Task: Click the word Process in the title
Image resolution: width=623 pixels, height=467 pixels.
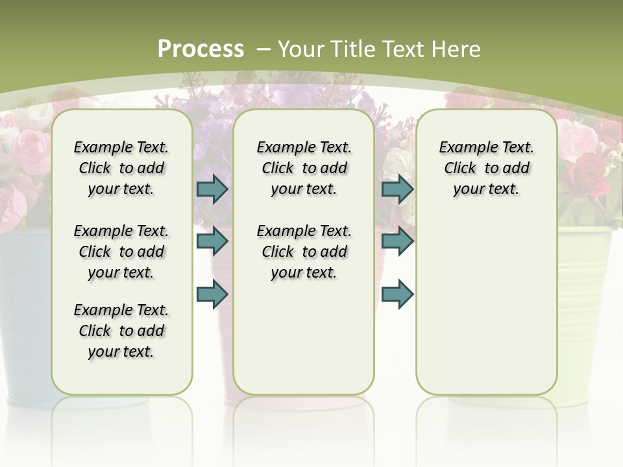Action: pos(201,49)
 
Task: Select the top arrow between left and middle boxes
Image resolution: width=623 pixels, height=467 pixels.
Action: pos(212,189)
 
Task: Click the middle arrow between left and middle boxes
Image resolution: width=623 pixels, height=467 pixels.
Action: pos(212,241)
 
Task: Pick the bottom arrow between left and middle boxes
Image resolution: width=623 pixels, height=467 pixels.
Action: pos(212,294)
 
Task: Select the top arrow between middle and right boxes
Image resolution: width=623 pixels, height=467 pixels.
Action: pos(397,189)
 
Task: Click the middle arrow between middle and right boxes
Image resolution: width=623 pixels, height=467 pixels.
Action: pos(397,241)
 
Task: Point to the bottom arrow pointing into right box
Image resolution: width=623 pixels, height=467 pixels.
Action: pos(397,294)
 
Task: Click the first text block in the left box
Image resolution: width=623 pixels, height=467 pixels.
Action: pos(121,168)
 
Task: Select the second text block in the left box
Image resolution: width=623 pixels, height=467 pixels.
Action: pos(121,252)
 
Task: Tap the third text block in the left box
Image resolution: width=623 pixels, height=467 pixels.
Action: pos(121,331)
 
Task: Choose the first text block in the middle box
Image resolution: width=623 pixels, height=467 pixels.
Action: pos(304,168)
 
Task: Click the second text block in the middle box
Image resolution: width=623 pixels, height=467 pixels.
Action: pos(304,252)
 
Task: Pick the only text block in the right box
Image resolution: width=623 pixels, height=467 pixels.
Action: pos(486,168)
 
